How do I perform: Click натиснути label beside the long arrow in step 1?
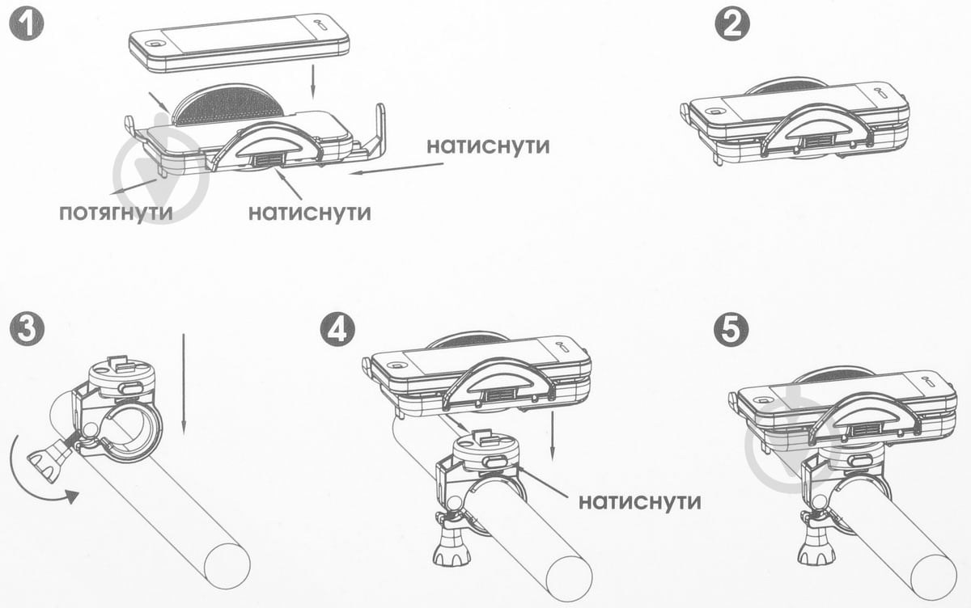[489, 146]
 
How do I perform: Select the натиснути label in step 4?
[640, 500]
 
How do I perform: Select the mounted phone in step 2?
[797, 113]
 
